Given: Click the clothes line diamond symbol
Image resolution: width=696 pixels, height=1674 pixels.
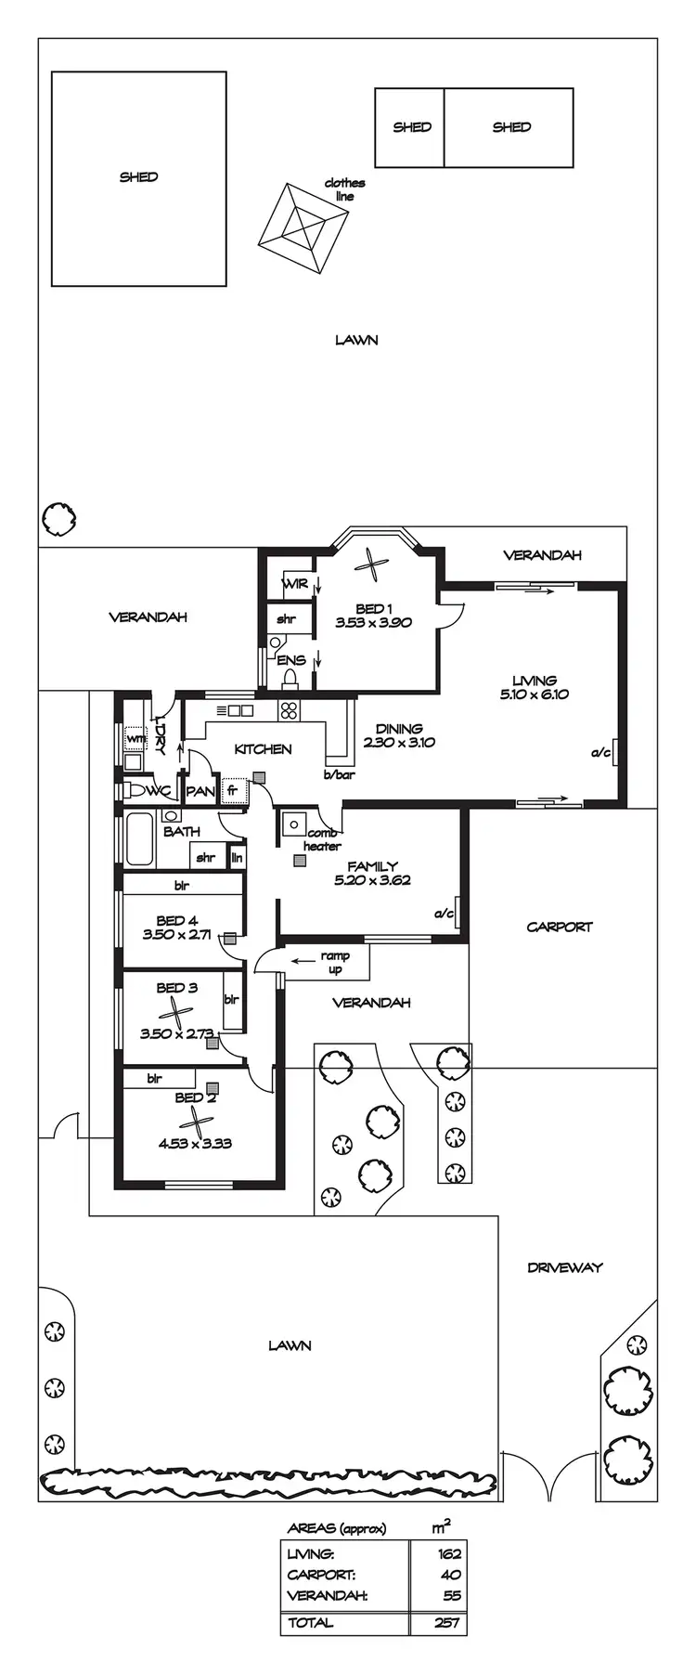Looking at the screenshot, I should (304, 226).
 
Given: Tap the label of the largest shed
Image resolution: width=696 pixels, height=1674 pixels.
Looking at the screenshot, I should (138, 176).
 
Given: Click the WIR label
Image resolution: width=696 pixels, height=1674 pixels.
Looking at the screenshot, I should (295, 584).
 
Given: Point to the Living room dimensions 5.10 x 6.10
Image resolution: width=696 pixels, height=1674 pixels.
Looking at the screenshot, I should (534, 694).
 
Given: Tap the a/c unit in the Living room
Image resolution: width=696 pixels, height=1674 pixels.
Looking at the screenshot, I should (614, 752).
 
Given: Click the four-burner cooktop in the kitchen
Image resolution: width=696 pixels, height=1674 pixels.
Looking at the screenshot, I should (289, 710).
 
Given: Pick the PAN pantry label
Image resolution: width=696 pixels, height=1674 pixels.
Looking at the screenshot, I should (200, 792).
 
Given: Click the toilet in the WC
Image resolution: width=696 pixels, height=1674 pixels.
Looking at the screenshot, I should (139, 791).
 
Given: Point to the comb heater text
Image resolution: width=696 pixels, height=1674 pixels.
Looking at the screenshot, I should (321, 840).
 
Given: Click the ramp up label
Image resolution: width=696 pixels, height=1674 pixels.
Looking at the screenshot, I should (334, 962).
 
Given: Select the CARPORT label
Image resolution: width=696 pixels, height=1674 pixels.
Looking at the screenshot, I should (559, 927).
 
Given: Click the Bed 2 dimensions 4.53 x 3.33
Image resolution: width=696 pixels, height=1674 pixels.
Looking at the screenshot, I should (195, 1144).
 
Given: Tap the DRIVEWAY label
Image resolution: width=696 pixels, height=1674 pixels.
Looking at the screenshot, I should (564, 1267).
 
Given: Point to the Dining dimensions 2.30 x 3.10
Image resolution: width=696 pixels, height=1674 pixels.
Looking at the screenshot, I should (399, 743).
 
